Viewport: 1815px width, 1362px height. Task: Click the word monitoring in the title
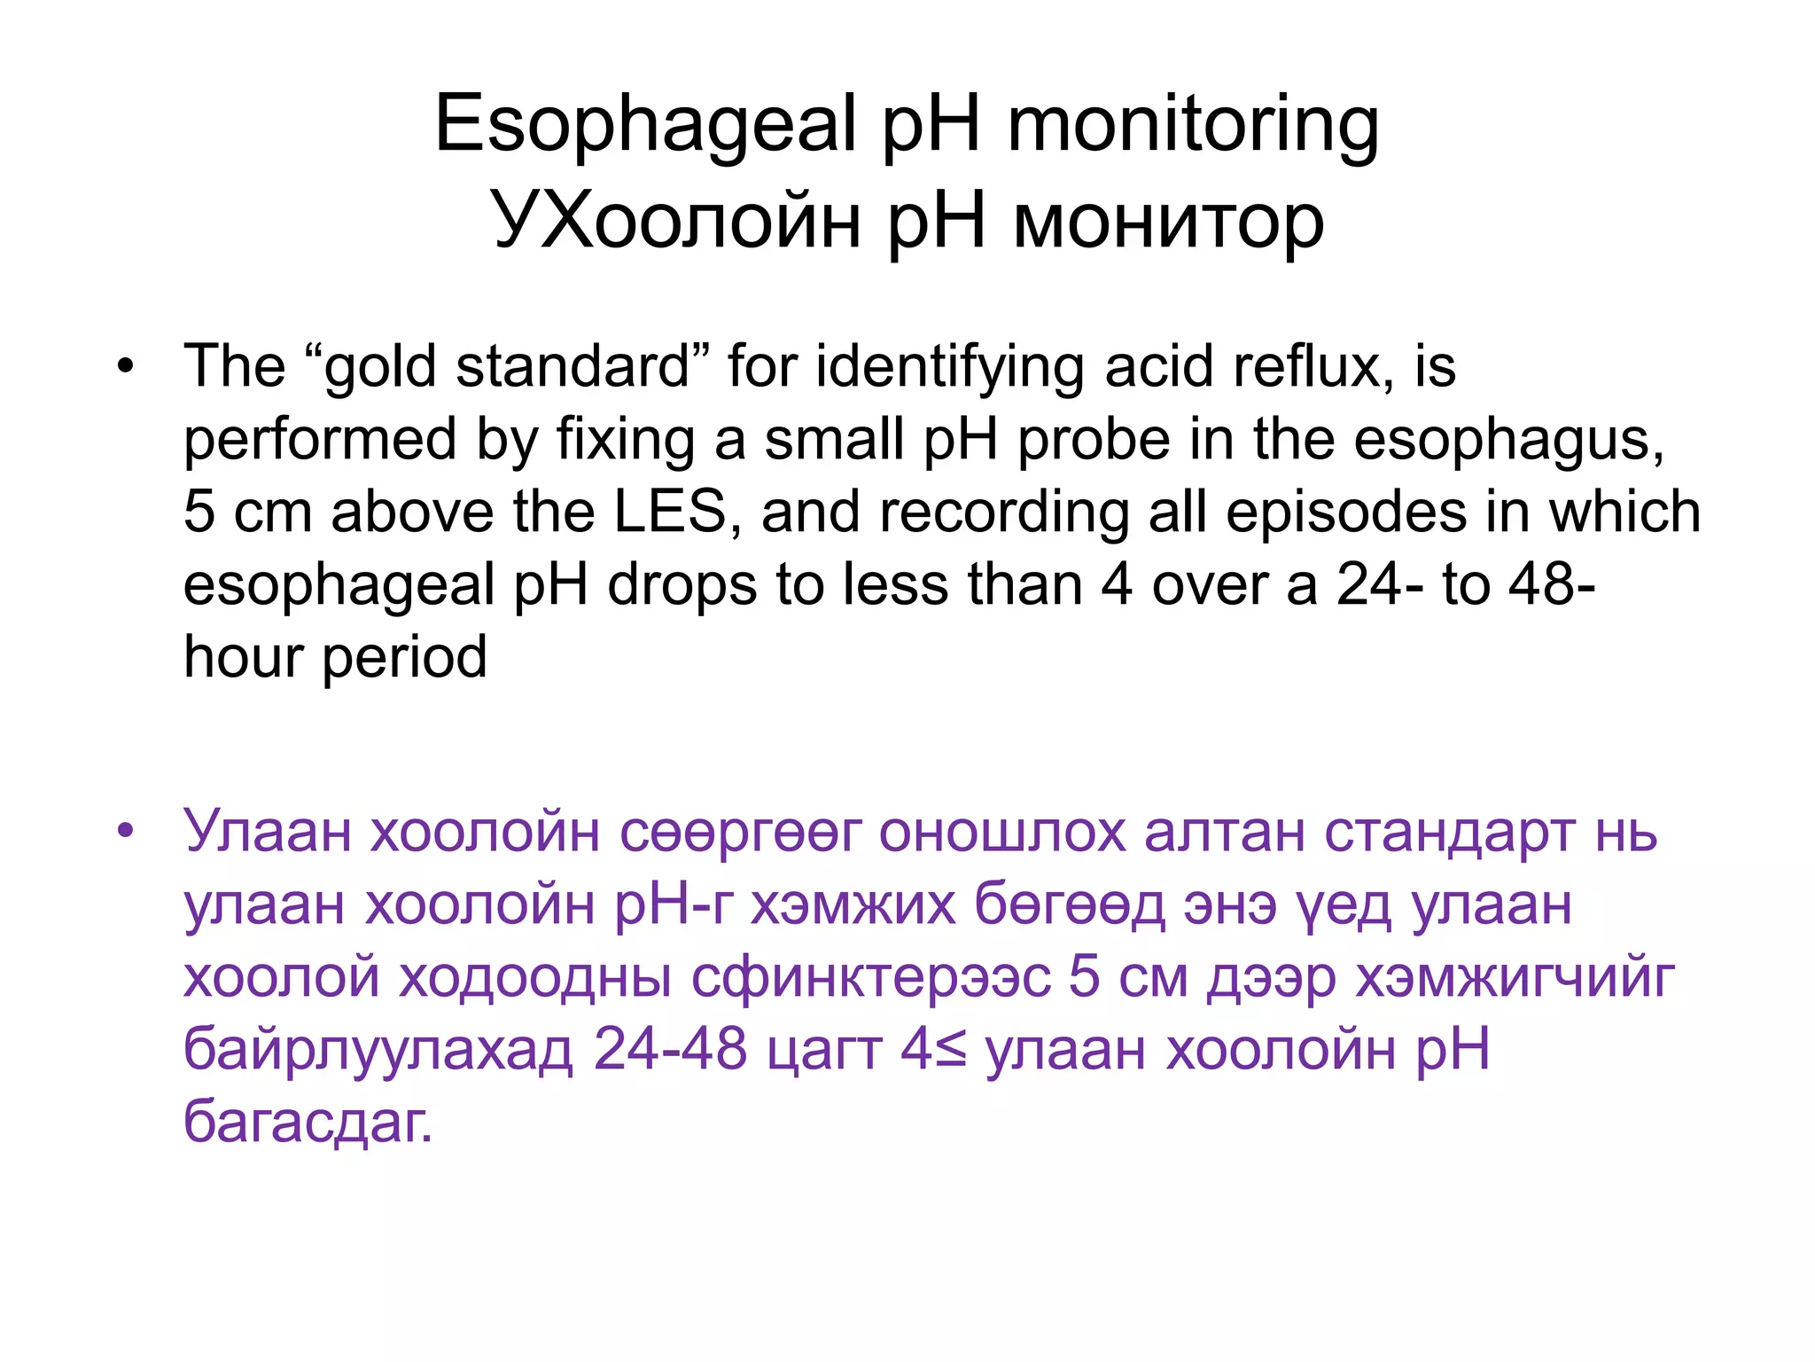1193,126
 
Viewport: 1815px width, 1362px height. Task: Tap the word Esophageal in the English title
645,126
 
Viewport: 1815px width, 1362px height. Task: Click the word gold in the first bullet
380,366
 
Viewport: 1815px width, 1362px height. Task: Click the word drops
682,584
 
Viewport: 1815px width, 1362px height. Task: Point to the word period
404,657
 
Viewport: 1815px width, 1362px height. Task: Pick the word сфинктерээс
870,977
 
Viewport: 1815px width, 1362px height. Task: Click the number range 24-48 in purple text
670,1050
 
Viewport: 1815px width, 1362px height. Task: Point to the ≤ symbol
951,1050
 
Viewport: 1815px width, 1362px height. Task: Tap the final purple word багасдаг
307,1123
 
